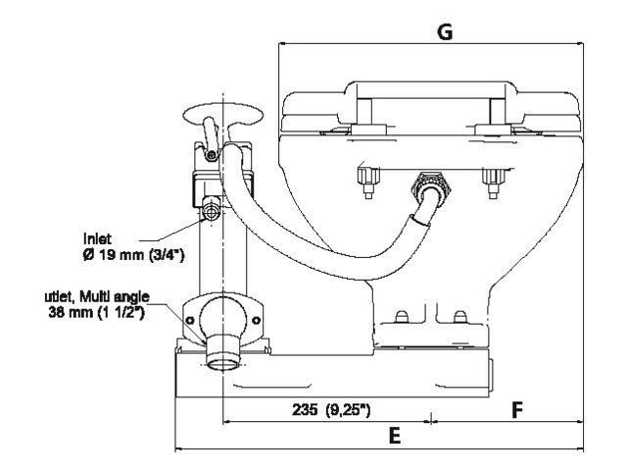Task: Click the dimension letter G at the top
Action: (444, 31)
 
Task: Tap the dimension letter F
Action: (516, 410)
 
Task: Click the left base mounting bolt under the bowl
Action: (400, 319)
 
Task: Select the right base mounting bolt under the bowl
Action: (457, 319)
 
